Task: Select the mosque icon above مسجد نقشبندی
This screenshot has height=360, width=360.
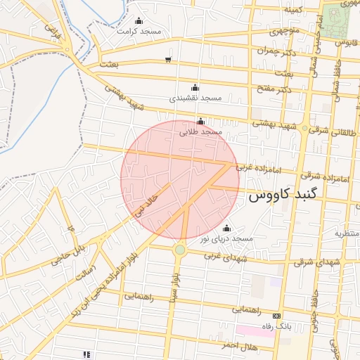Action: coord(195,88)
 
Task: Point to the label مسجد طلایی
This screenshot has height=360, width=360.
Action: coord(200,131)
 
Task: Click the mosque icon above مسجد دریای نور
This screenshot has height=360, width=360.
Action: coord(226,229)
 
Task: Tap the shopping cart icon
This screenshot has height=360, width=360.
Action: coord(167,59)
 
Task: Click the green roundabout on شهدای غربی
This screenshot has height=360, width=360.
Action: coord(180,250)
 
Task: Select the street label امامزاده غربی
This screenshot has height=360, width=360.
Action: coord(252,167)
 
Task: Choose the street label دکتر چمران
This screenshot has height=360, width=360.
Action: coord(288,52)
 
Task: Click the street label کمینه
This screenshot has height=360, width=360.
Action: coord(292,10)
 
